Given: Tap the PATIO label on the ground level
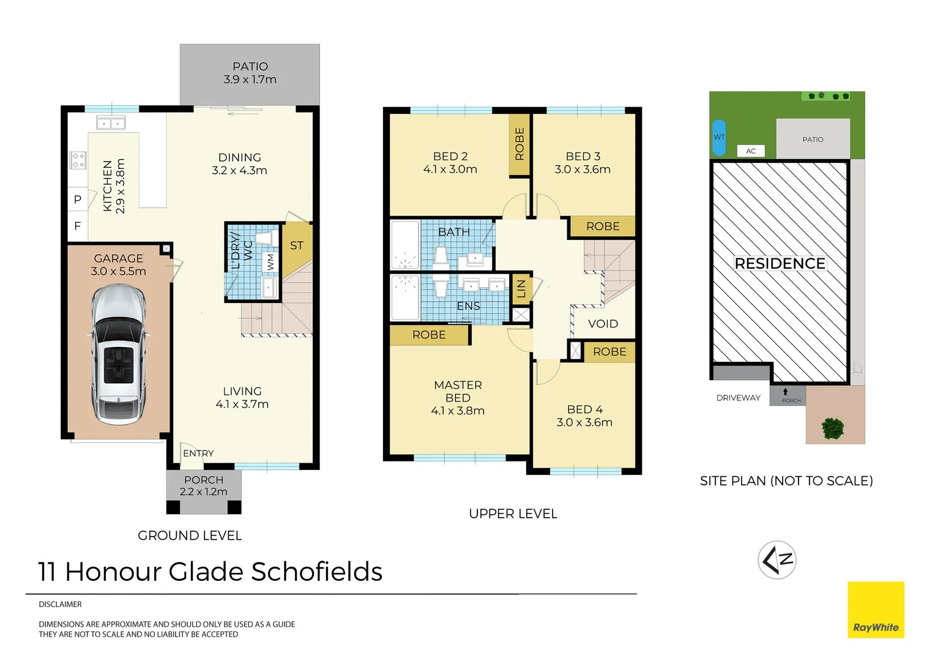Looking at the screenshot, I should click(x=250, y=66).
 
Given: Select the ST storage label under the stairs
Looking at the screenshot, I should click(x=297, y=245).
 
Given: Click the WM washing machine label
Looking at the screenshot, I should click(x=270, y=262).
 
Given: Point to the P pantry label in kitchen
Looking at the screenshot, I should click(x=78, y=200).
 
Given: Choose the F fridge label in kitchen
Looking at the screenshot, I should click(x=78, y=226).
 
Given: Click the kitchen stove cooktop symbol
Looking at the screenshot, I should click(x=78, y=160).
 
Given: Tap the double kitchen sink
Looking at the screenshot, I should click(x=111, y=123).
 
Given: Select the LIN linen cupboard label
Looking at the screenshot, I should click(x=521, y=288).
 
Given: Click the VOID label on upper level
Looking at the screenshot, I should click(x=603, y=324).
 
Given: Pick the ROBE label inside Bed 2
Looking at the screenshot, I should click(x=520, y=144).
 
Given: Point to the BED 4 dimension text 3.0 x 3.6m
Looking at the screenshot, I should click(x=584, y=422).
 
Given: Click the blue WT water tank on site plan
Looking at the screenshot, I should click(x=719, y=137).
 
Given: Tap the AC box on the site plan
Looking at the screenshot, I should click(x=751, y=151).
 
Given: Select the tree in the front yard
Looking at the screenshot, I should click(x=833, y=428).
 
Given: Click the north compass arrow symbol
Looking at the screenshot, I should click(x=777, y=560).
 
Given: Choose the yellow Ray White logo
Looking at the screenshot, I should click(x=876, y=610).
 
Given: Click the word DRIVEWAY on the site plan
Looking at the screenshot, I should click(x=738, y=398).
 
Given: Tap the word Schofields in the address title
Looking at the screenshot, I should click(x=316, y=572).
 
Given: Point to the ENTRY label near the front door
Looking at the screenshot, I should click(x=198, y=454).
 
